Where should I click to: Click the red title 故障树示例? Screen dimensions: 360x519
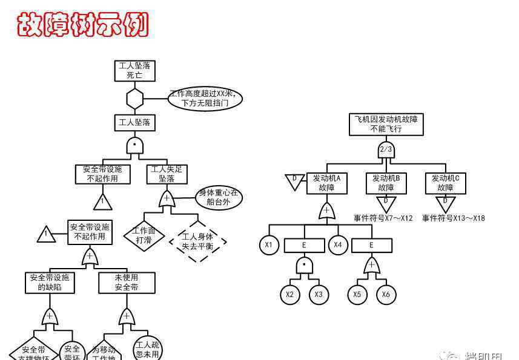pos(82,25)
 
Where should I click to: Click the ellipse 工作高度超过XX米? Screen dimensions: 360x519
pos(205,99)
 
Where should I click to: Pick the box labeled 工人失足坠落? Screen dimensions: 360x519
pos(167,174)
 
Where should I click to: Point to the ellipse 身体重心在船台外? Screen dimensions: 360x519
pos(219,198)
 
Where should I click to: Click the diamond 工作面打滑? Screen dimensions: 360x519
pos(144,235)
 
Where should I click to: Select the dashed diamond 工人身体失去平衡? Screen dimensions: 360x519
pos(197,241)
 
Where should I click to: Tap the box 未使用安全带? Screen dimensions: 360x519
pos(127,283)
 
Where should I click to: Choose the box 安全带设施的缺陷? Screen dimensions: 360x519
pos(50,283)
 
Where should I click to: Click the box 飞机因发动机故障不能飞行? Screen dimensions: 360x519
pos(386,124)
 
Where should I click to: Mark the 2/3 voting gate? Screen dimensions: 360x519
pos(386,149)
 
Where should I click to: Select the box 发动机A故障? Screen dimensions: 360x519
pos(326,183)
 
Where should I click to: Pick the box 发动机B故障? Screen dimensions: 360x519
pos(386,183)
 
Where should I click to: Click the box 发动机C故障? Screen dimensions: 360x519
pos(445,183)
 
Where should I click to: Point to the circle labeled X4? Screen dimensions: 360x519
pos(338,245)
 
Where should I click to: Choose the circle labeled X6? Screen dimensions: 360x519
pos(386,295)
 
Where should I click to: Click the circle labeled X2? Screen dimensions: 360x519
pos(289,295)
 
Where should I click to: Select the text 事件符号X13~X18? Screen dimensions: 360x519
pos(453,218)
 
